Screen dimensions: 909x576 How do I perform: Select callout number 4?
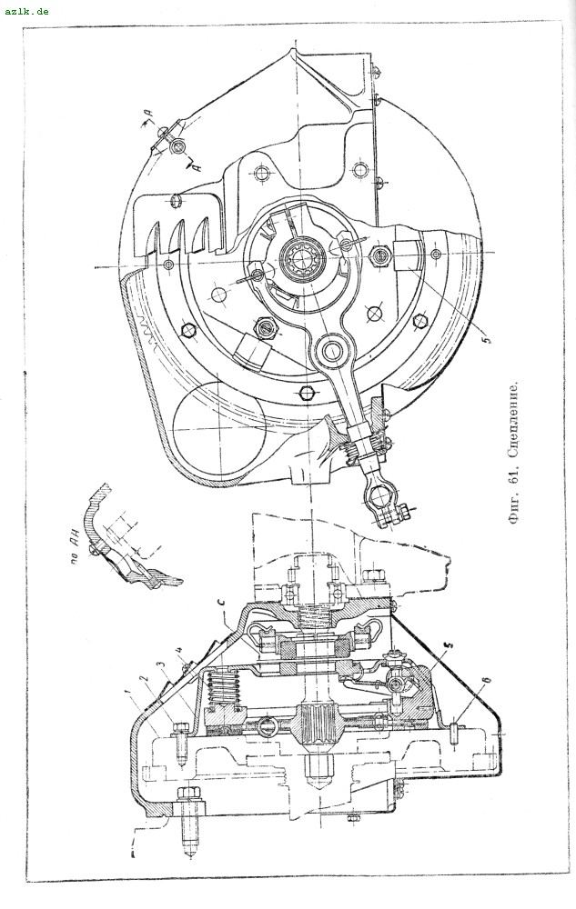click(x=181, y=652)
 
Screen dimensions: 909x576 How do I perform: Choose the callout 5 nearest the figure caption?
click(x=487, y=343)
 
